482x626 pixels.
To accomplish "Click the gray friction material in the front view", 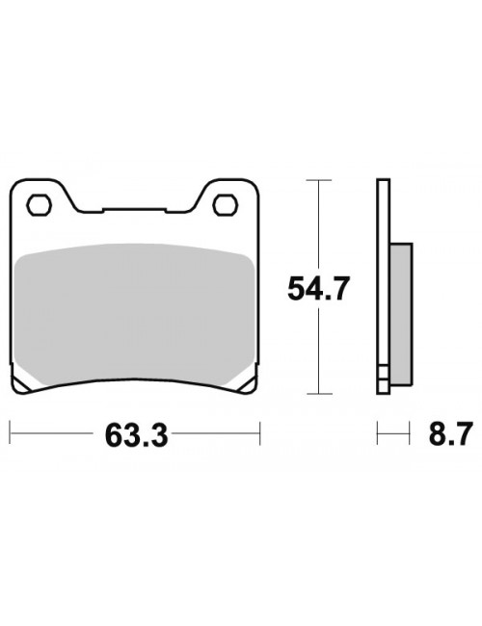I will click(133, 308).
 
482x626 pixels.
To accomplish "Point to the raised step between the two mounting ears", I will click(133, 209).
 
